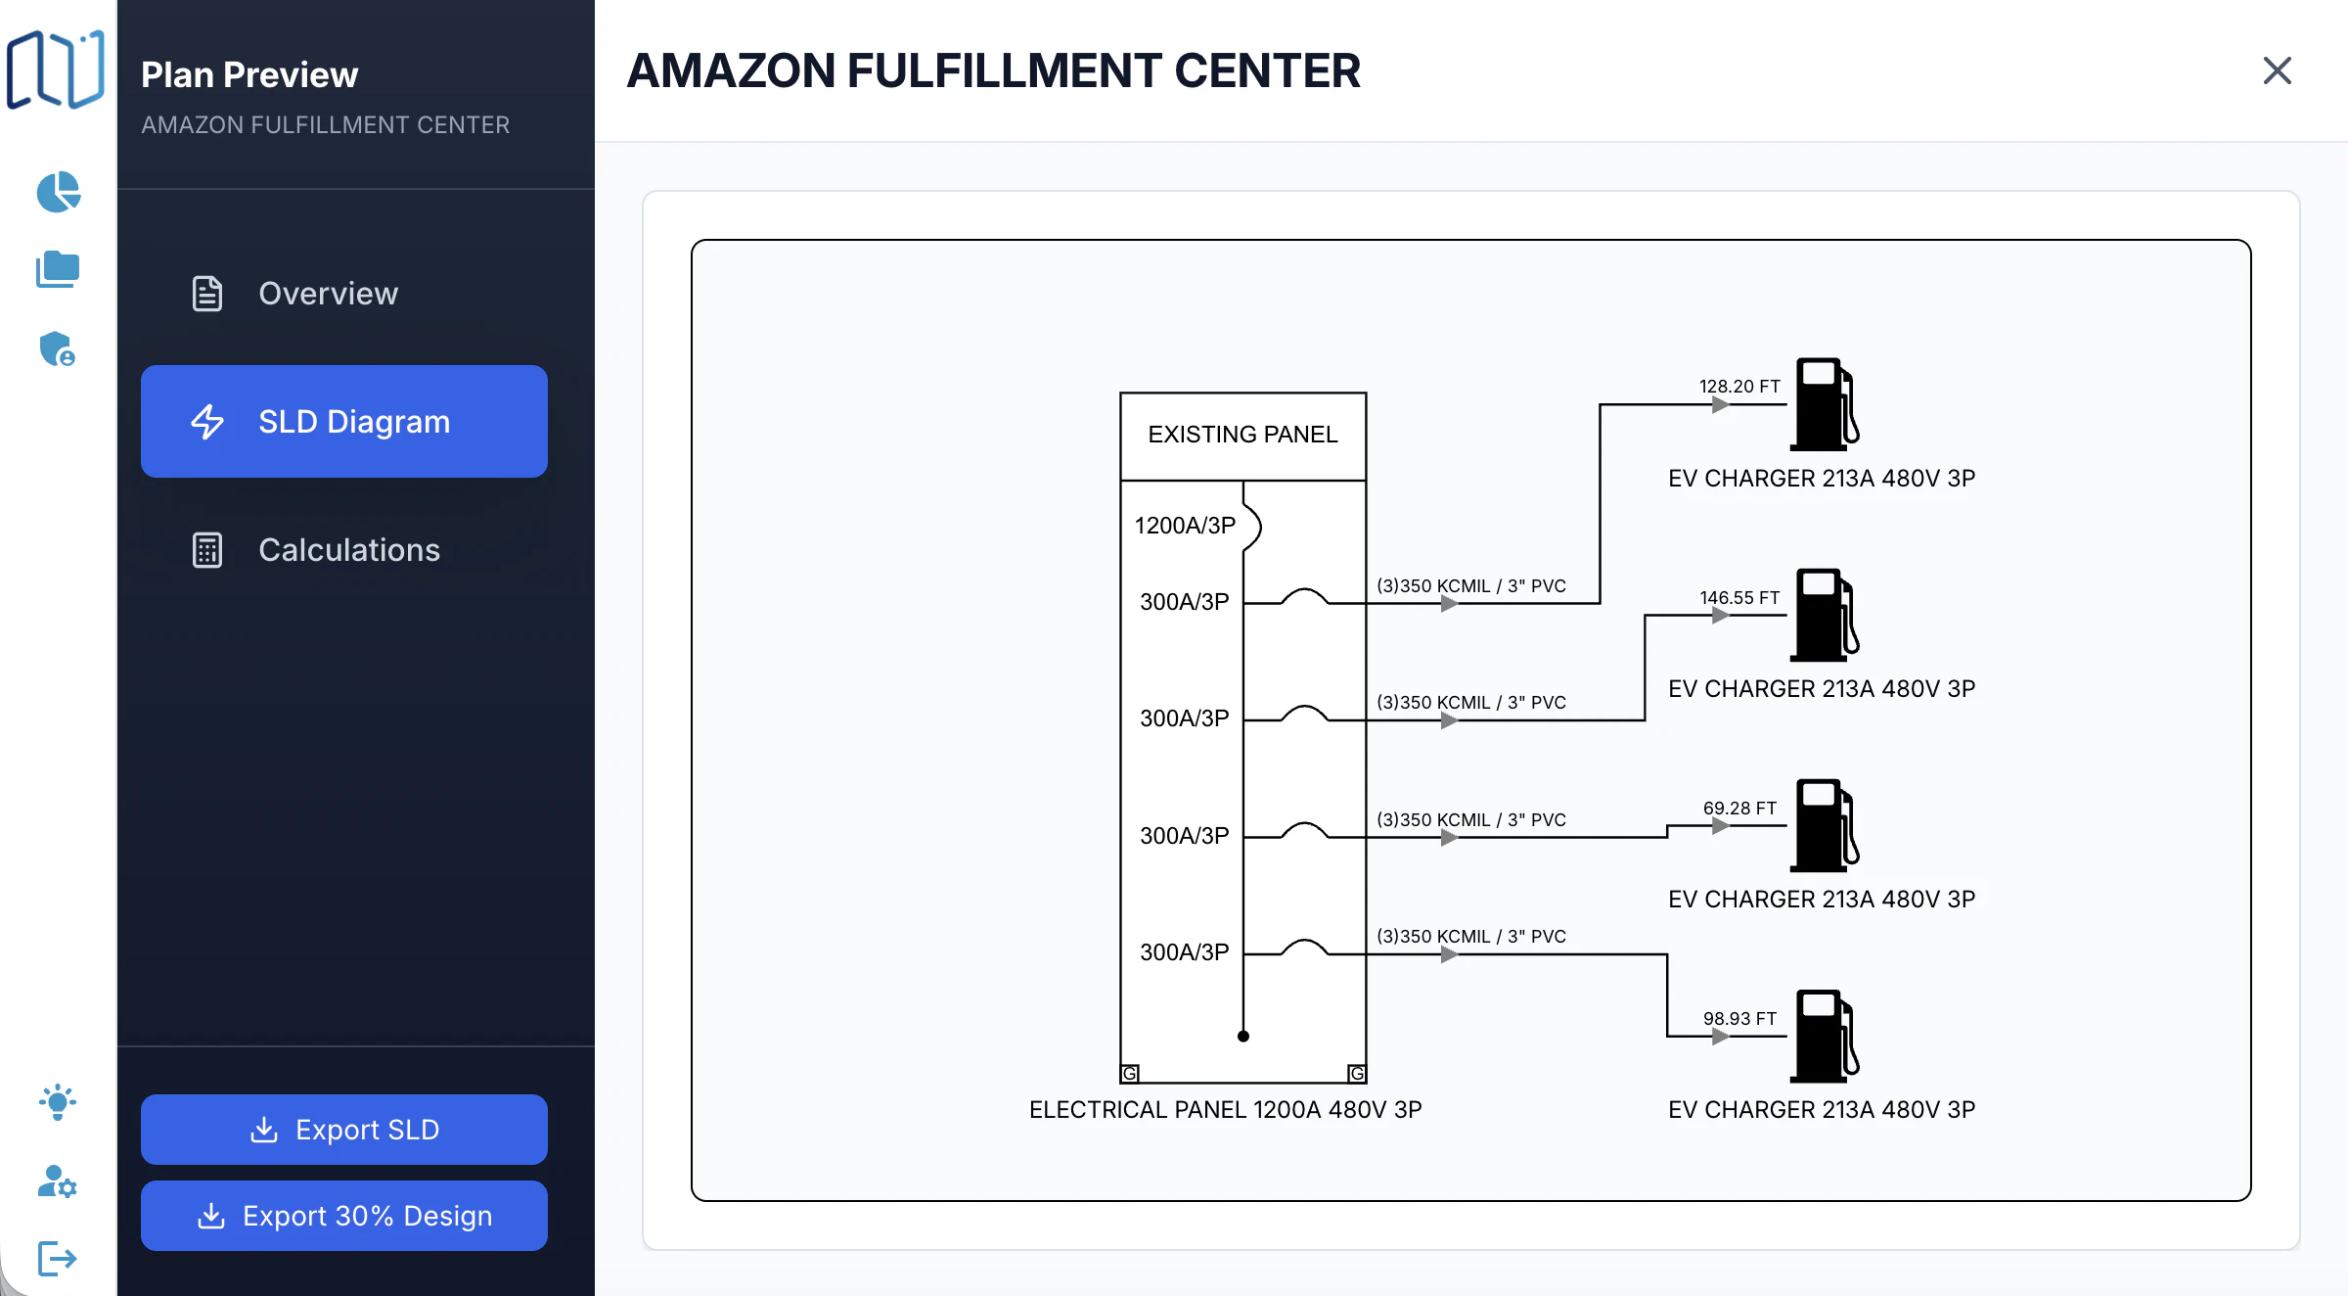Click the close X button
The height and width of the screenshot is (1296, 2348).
coord(2277,70)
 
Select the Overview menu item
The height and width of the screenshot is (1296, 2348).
coord(327,294)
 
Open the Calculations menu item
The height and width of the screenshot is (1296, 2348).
coord(347,550)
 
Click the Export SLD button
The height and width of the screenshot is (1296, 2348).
coord(344,1130)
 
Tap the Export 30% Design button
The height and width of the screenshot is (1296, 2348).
coord(344,1216)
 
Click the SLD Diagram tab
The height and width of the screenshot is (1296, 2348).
coord(344,422)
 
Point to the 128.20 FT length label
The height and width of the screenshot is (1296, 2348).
coord(1738,387)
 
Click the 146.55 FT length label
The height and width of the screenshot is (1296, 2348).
coord(1738,597)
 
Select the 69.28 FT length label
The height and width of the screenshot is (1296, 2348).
coord(1738,809)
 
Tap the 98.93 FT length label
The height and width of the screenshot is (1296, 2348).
coord(1738,1019)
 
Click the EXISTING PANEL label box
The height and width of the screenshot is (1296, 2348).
coord(1242,435)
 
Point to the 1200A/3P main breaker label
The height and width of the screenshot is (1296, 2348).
coord(1185,526)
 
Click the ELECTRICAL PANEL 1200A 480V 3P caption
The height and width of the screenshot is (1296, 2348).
coord(1225,1110)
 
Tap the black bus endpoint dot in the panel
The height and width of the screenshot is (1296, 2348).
coord(1243,1037)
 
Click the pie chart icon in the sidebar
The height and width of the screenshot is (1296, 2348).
coord(58,192)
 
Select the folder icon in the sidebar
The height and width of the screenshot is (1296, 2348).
coord(58,269)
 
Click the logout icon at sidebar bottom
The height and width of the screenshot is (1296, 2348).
coord(57,1259)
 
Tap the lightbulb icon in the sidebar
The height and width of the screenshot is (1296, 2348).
coord(58,1102)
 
